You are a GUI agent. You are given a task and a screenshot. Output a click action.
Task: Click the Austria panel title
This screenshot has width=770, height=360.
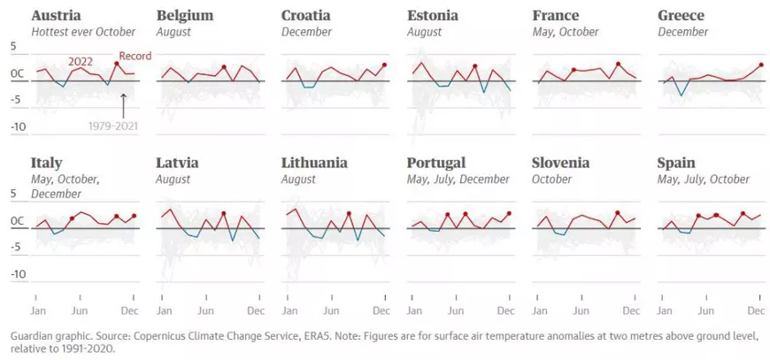pyautogui.click(x=56, y=15)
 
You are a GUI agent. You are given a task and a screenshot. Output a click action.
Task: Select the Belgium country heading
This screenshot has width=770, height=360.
pyautogui.click(x=184, y=15)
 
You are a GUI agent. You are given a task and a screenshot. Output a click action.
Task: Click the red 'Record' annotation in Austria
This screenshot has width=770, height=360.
pyautogui.click(x=135, y=56)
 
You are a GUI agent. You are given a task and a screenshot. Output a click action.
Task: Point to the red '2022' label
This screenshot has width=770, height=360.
pyautogui.click(x=82, y=62)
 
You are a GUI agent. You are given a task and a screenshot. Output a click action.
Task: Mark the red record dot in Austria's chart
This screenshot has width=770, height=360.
pyautogui.click(x=116, y=64)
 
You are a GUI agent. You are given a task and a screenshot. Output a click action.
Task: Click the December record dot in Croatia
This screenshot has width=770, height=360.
pyautogui.click(x=384, y=65)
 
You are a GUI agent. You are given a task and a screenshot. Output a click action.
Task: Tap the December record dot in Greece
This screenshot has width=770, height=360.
pyautogui.click(x=761, y=65)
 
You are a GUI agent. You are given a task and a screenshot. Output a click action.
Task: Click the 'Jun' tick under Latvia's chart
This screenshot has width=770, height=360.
pyautogui.click(x=204, y=310)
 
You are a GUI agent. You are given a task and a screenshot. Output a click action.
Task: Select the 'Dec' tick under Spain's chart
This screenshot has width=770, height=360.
pyautogui.click(x=757, y=310)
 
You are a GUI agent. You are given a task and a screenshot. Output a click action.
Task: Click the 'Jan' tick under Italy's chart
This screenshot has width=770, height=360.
pyautogui.click(x=40, y=310)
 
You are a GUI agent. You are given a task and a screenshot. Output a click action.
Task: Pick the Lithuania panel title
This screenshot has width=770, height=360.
pyautogui.click(x=314, y=163)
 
